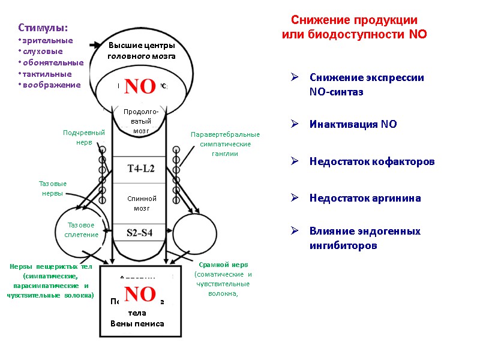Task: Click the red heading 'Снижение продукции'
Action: coord(354,19)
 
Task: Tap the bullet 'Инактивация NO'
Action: coord(353,124)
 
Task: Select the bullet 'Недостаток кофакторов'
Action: coord(372,162)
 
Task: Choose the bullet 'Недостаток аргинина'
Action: coord(365,198)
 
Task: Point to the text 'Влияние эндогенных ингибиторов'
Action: coord(365,238)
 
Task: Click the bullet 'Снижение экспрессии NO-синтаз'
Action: coord(367,85)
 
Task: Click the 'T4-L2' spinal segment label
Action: coord(141,169)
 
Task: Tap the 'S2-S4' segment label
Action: coord(141,233)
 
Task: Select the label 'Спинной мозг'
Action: coord(142,203)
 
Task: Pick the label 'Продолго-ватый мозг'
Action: coord(141,121)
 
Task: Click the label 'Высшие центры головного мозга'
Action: coord(142,51)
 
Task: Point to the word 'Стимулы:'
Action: coord(43,28)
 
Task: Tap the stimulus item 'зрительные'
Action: coord(47,40)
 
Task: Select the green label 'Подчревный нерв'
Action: coord(84,137)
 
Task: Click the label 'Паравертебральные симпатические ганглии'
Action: coord(225,144)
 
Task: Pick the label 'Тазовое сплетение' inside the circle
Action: coord(82,230)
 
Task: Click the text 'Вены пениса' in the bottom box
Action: coord(137,324)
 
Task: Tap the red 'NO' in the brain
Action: coord(140,86)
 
